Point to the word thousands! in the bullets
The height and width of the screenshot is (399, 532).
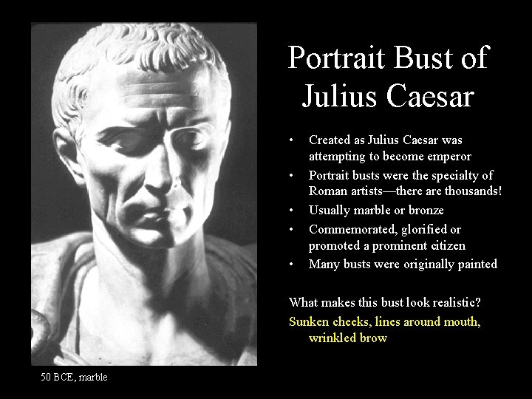[x=467, y=192]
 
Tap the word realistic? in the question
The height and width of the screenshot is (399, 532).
[x=451, y=303]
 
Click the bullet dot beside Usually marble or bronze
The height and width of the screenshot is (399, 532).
[x=293, y=211]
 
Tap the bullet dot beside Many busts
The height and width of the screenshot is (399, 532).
[x=293, y=264]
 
